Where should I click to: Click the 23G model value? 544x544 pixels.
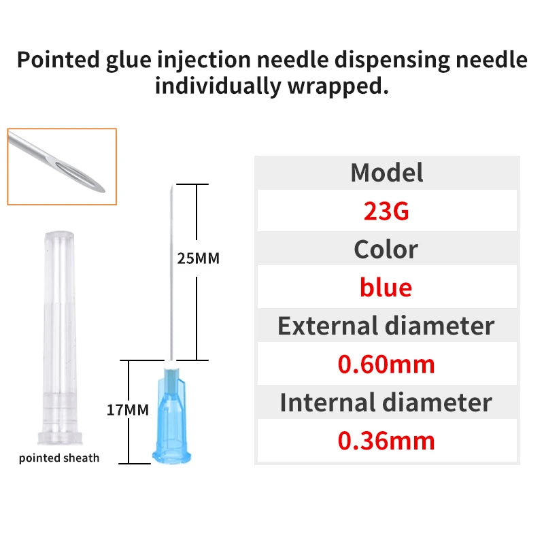point(386,211)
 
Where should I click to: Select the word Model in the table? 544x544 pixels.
point(386,173)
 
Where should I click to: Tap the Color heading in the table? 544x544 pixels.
point(386,250)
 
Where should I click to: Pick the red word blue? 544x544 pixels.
point(386,288)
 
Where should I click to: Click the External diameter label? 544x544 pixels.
point(386,326)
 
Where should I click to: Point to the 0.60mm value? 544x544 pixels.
point(386,364)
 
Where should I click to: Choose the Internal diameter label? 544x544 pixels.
point(386,403)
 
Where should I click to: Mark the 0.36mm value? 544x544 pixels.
point(386,441)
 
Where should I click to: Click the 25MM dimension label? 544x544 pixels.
point(199,258)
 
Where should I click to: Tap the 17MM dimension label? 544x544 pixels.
point(127,410)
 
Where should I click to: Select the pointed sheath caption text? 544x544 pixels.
point(59,458)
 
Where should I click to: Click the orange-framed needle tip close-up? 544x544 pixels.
point(62,167)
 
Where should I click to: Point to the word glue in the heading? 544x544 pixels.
point(133,60)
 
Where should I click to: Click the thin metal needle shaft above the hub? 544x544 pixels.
point(168,272)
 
